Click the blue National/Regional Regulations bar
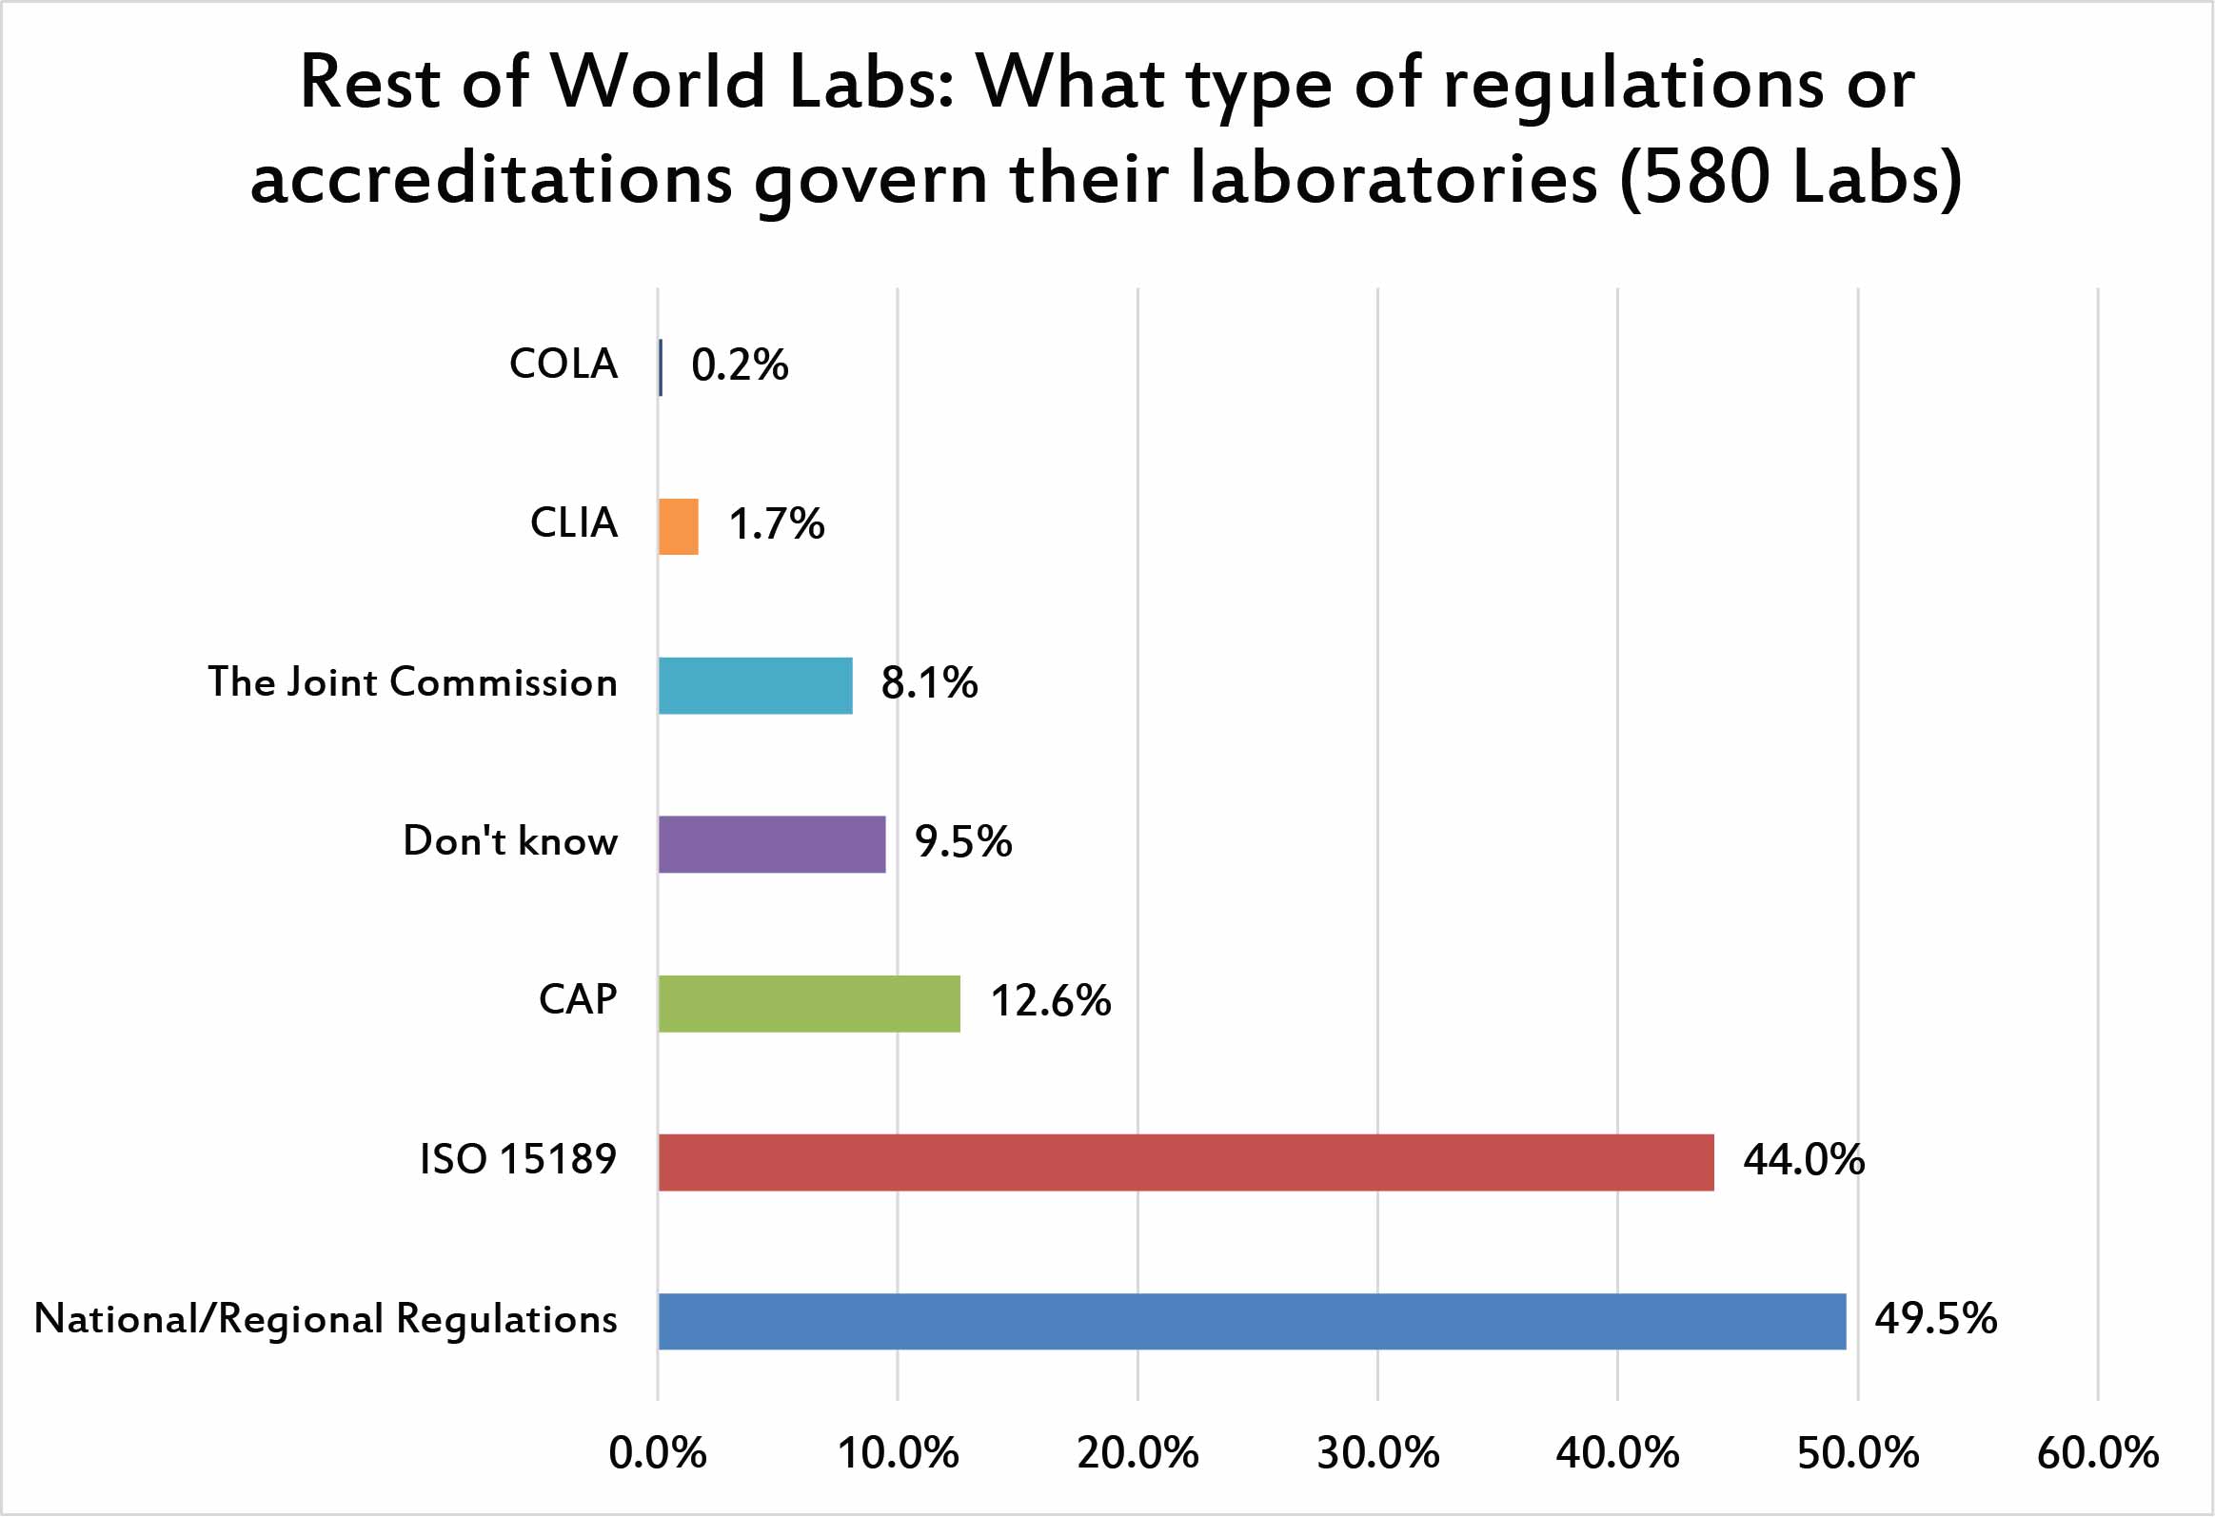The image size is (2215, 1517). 1252,1322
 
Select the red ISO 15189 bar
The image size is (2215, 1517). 1186,1163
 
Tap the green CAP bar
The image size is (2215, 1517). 809,1003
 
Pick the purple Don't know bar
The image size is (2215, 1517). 771,844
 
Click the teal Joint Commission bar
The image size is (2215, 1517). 755,685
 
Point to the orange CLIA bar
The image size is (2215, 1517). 678,526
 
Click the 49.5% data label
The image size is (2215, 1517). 1936,1320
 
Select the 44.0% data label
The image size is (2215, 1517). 1803,1161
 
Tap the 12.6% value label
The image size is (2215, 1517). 1050,1001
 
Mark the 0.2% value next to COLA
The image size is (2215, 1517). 740,364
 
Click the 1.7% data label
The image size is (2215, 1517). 776,524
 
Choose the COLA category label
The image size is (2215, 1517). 564,364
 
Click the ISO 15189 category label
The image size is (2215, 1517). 518,1160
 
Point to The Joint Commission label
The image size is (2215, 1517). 413,682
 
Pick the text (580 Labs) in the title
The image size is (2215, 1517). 1790,179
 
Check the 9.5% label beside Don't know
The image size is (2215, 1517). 962,842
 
